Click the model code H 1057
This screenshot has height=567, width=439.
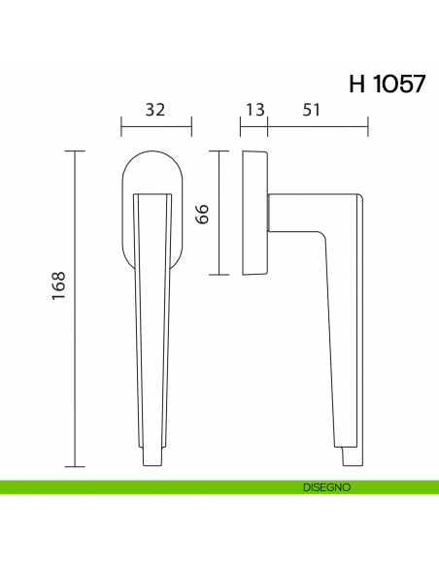pyautogui.click(x=386, y=83)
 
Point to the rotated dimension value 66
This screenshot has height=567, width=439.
pyautogui.click(x=204, y=213)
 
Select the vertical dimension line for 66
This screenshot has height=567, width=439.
pyautogui.click(x=220, y=213)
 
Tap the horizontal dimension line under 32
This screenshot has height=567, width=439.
pyautogui.click(x=155, y=126)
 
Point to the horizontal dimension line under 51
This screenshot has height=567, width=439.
pyautogui.click(x=318, y=126)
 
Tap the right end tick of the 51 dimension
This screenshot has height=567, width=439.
pyautogui.click(x=368, y=126)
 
